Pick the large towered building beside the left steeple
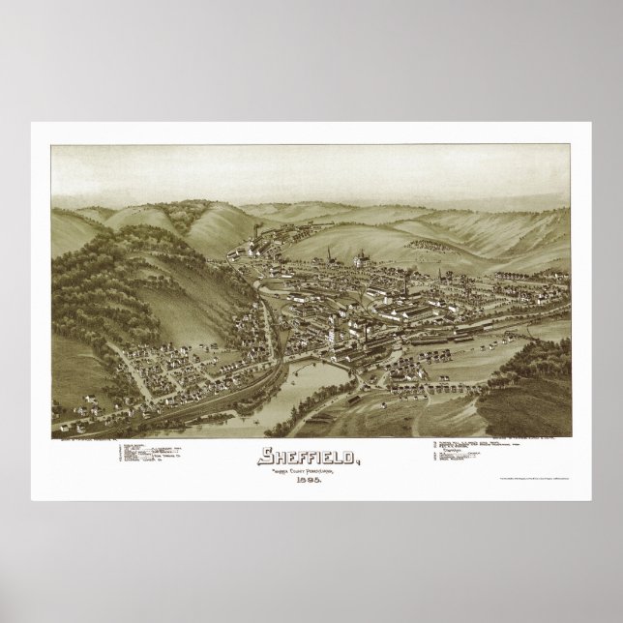[x=360, y=258]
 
